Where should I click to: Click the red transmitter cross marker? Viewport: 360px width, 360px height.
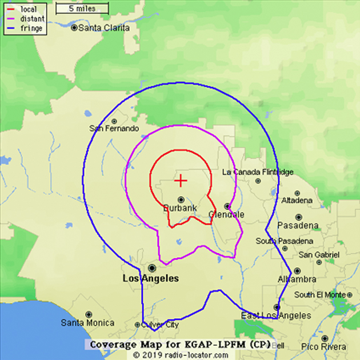coord(181,181)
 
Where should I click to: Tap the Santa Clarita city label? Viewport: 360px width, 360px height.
coord(104,27)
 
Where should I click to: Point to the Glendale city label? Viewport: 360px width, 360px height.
coord(227,214)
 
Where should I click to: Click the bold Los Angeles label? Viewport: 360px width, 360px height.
coord(151,279)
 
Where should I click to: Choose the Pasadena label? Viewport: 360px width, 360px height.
coord(298,225)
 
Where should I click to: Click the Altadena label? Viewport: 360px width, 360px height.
coord(297,201)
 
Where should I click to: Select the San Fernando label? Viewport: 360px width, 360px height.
coord(114,128)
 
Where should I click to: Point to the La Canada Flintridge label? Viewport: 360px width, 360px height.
coord(258,172)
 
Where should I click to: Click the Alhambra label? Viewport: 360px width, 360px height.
coord(297,279)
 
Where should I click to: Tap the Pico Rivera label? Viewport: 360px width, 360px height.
coord(323,347)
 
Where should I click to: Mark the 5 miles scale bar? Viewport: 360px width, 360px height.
coord(82,9)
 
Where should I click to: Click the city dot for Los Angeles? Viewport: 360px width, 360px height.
coord(152,267)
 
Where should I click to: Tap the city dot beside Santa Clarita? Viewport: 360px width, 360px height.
coord(74,27)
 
